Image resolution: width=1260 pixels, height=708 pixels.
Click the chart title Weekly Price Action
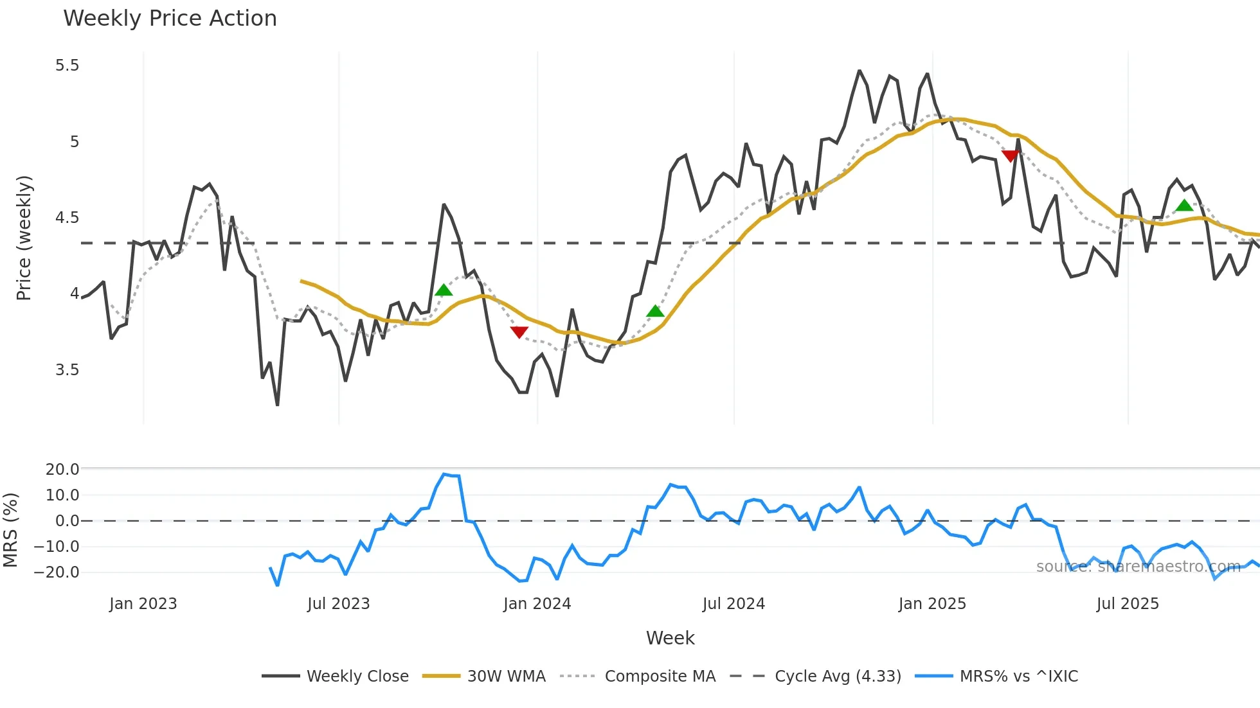pos(170,19)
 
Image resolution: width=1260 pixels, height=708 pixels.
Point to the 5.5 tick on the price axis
pos(67,66)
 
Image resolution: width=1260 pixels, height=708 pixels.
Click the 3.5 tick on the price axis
pos(67,370)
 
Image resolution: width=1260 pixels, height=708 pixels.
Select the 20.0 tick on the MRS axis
pos(62,470)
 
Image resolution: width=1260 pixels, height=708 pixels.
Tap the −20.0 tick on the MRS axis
pos(57,572)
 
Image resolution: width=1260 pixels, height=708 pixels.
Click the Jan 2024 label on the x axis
pos(537,604)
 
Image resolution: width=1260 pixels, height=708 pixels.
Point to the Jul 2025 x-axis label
pos(1128,604)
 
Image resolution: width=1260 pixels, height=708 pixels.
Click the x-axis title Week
pos(670,638)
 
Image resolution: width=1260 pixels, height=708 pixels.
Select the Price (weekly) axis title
pos(24,238)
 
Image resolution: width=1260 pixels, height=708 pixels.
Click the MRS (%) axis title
pos(10,530)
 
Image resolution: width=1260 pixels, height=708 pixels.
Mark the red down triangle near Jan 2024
pos(519,332)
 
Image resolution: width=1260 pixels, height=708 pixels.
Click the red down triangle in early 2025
pos(1011,156)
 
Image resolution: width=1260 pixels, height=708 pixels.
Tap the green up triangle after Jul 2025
pos(1184,206)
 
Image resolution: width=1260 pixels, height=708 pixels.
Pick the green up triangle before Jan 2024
pos(444,290)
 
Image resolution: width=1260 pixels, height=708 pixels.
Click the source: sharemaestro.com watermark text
pos(1138,567)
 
